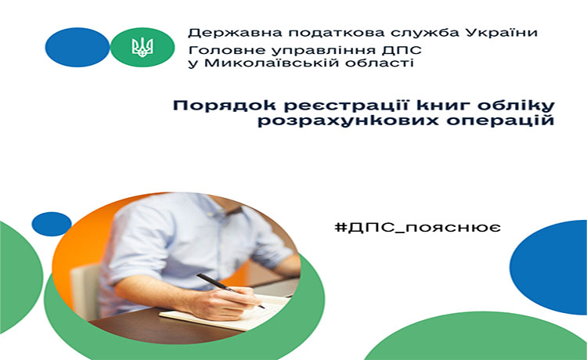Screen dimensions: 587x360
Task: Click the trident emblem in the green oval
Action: tap(142, 47)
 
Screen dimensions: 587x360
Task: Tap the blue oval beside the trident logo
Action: tap(77, 47)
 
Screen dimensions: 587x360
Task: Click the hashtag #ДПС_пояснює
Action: tap(418, 228)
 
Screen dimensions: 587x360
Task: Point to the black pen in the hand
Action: tap(231, 291)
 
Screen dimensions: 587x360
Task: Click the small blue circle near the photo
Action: tap(52, 224)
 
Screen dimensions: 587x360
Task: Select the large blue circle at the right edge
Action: tap(549, 267)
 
